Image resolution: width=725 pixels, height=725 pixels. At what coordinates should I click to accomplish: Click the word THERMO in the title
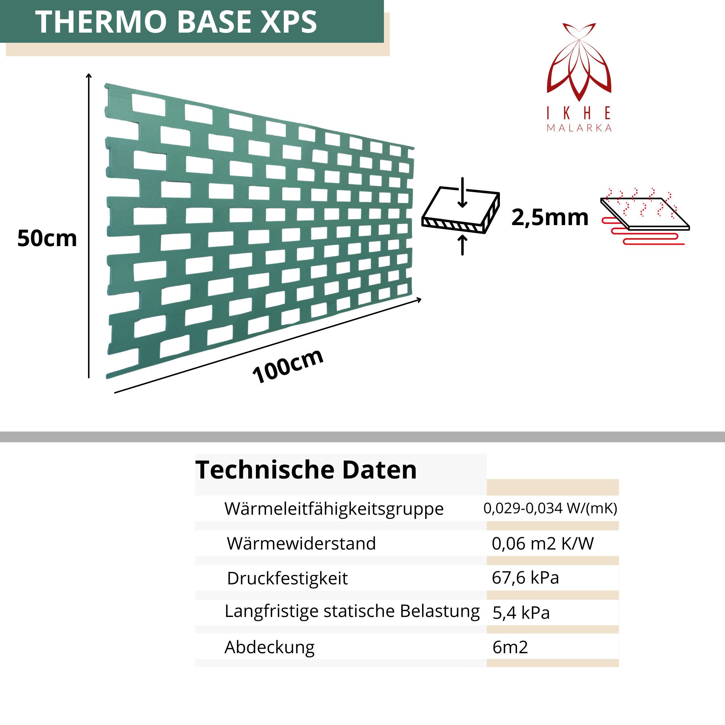coord(100,22)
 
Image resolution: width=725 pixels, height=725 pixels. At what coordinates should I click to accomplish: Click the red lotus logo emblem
coord(579,62)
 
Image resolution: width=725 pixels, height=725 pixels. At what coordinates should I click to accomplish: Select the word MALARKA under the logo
coord(579,128)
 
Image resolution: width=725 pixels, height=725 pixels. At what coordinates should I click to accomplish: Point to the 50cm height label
coord(47,239)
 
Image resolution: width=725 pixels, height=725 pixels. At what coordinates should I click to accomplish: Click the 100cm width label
coord(288,365)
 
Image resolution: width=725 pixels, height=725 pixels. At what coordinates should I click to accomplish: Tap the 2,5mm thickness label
coord(550,217)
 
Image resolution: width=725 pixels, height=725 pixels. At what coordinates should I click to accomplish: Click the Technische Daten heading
coord(306,470)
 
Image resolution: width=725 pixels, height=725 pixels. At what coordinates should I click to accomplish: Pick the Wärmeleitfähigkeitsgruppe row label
coord(334,509)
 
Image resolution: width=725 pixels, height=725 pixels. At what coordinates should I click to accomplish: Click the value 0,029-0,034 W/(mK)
coord(550,509)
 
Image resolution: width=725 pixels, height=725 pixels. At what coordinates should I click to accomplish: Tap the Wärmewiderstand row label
coord(301,544)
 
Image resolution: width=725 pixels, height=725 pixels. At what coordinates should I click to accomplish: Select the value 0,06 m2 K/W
coord(543,544)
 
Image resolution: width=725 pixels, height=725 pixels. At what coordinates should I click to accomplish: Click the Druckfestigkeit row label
coord(287,579)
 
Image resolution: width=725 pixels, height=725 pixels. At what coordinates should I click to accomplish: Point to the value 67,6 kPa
coord(525,578)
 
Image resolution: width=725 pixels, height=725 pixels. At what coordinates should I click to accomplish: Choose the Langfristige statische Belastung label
coord(352,611)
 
